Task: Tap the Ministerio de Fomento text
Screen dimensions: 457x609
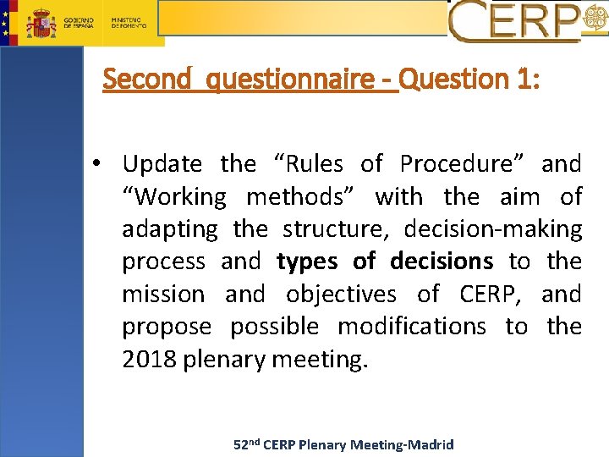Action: coord(129,23)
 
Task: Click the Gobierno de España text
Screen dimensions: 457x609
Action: coord(79,23)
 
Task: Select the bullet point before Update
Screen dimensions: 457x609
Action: coord(100,163)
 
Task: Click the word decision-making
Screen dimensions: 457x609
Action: coord(493,229)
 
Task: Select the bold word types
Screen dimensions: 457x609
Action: coord(307,262)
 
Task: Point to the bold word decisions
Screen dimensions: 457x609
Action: coord(442,262)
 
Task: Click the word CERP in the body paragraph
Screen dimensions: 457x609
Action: coord(491,295)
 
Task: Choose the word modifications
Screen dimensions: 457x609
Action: coord(411,327)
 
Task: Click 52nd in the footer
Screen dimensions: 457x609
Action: coord(246,444)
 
